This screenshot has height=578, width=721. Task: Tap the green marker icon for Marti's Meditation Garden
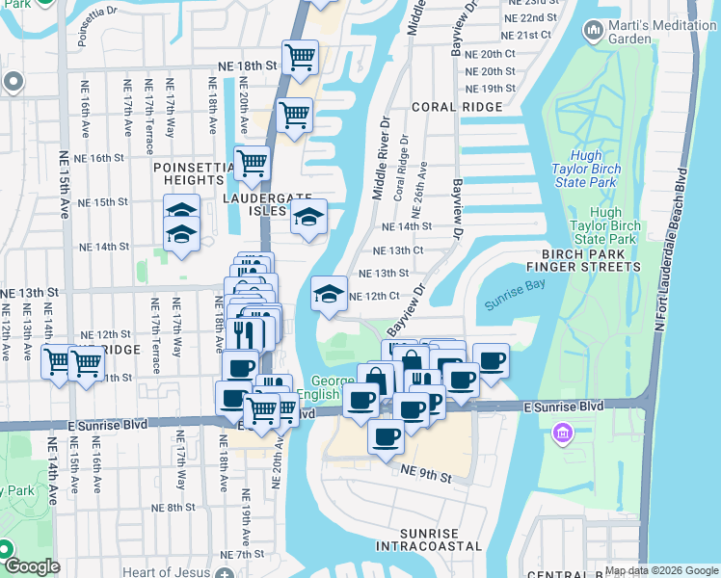[x=593, y=32]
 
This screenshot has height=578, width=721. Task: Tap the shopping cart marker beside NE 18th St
[x=300, y=56]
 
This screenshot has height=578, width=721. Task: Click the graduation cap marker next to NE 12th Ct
[x=329, y=293]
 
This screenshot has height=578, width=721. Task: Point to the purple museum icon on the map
[x=561, y=434]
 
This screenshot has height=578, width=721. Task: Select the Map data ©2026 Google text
[x=661, y=570]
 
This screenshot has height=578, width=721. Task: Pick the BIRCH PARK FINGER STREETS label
[x=584, y=259]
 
